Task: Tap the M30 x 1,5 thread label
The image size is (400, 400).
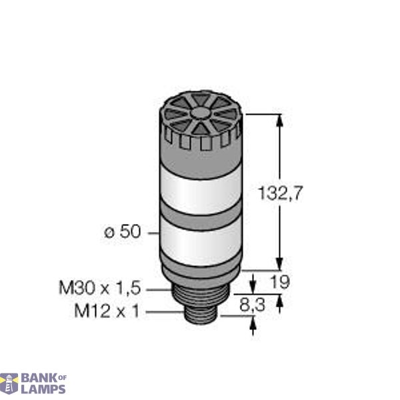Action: [x=99, y=288]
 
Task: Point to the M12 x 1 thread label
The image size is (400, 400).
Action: [x=107, y=311]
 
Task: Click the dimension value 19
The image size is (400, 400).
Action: [x=281, y=282]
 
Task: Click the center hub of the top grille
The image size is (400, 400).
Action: [x=201, y=120]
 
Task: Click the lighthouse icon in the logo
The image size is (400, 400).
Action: [x=9, y=383]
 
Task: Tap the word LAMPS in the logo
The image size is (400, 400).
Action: [x=43, y=389]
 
